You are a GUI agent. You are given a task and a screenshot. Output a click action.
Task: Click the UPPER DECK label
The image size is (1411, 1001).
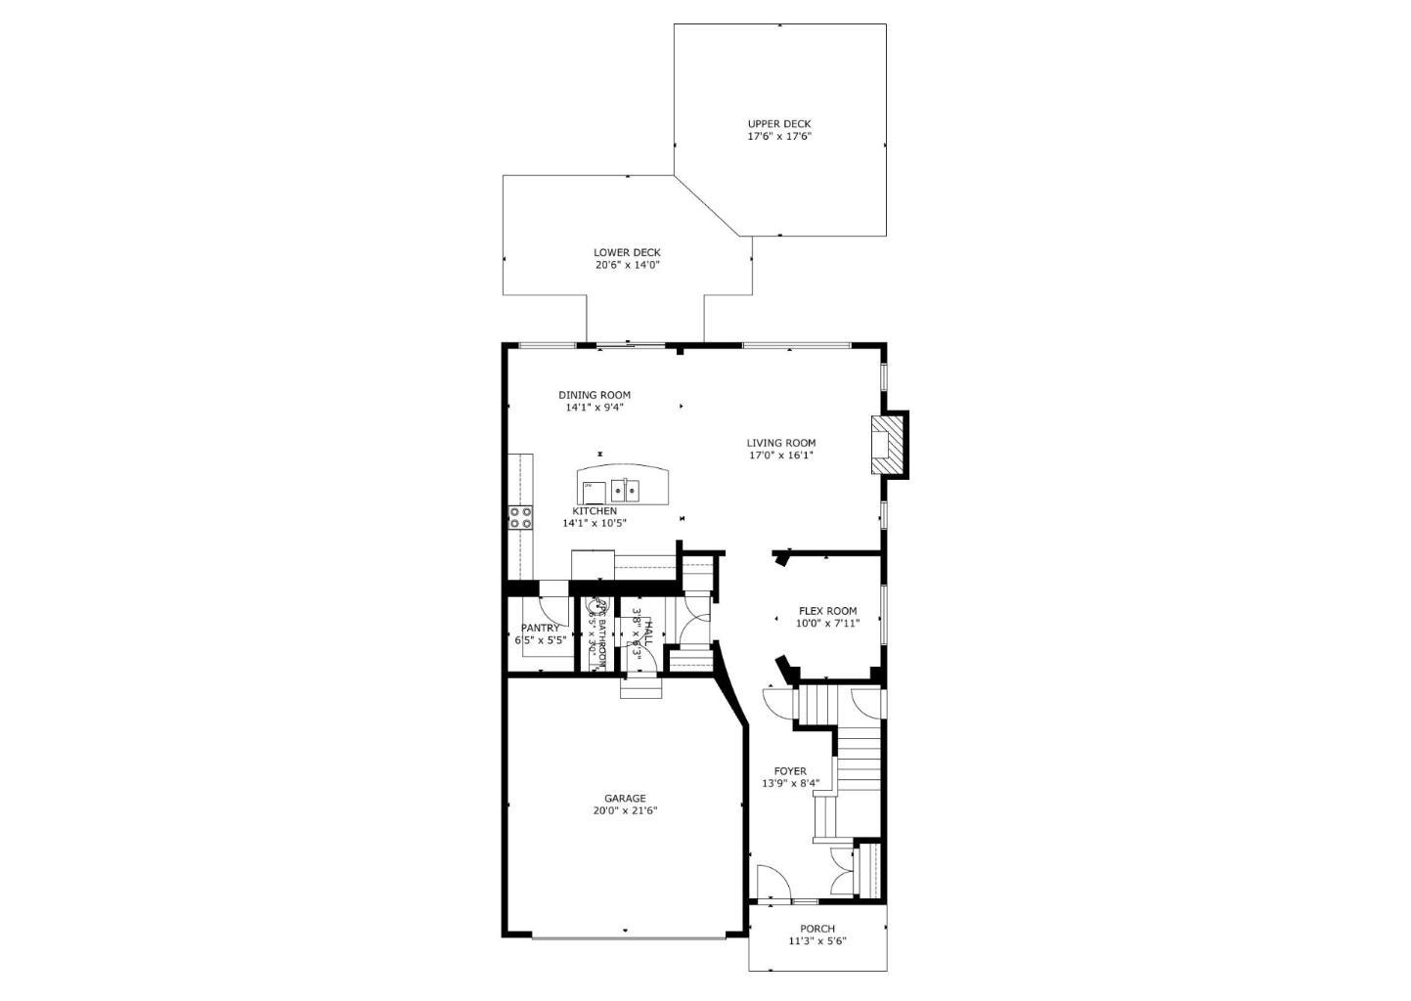point(778,124)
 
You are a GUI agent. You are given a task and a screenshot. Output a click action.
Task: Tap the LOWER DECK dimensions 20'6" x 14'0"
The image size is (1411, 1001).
point(627,265)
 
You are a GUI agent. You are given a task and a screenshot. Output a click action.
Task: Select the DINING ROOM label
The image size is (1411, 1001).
point(595,395)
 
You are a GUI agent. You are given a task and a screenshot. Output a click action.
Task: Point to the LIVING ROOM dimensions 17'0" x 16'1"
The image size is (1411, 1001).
point(781,455)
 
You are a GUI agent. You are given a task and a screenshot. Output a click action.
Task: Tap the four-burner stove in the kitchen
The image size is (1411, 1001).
point(520,517)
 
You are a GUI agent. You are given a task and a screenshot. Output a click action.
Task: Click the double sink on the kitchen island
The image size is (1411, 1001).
point(625,490)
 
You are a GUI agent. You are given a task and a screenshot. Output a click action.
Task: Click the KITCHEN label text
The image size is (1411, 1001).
point(595,511)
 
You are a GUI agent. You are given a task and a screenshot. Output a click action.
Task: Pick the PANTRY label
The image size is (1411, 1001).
point(540,628)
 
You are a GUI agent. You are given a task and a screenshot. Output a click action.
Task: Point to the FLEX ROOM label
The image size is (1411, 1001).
point(827,611)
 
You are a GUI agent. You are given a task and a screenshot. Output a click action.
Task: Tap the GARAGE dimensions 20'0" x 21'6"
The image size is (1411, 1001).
point(625,810)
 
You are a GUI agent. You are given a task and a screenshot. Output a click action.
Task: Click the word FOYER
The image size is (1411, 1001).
point(790,771)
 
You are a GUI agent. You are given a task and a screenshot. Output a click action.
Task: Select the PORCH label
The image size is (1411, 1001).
point(817,929)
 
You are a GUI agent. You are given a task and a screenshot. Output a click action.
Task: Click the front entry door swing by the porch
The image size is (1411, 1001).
point(772,882)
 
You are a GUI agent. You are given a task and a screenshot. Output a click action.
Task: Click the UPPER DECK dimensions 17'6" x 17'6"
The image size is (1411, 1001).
point(779,137)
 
